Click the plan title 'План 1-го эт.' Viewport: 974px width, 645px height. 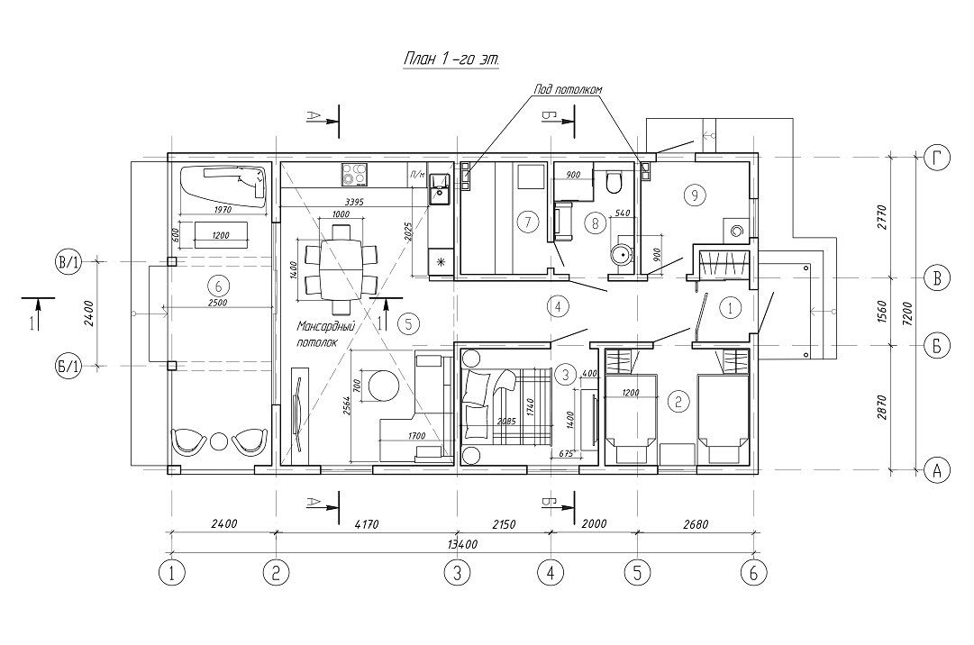pyautogui.click(x=450, y=59)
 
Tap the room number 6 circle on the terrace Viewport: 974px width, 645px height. pyautogui.click(x=214, y=285)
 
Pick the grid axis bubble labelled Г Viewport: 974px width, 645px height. pyautogui.click(x=937, y=158)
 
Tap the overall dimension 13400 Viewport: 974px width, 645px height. pyautogui.click(x=460, y=544)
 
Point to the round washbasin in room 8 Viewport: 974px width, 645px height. pyautogui.click(x=620, y=253)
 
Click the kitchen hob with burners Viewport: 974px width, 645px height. pyautogui.click(x=354, y=171)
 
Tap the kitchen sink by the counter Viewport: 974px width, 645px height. pyautogui.click(x=440, y=188)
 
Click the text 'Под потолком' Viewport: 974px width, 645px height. pyautogui.click(x=568, y=90)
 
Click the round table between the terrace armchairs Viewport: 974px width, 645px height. pyautogui.click(x=219, y=442)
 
